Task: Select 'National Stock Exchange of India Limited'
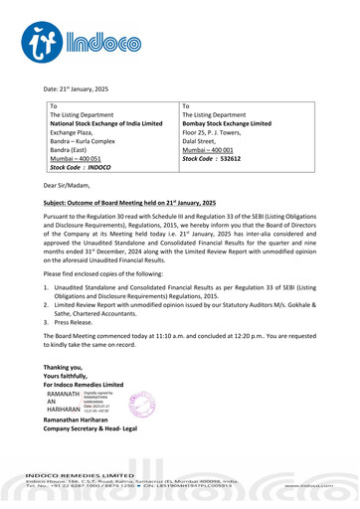click(106, 123)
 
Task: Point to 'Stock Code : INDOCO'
click(85, 168)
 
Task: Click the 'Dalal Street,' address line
click(204, 145)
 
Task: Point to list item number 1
click(48, 285)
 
